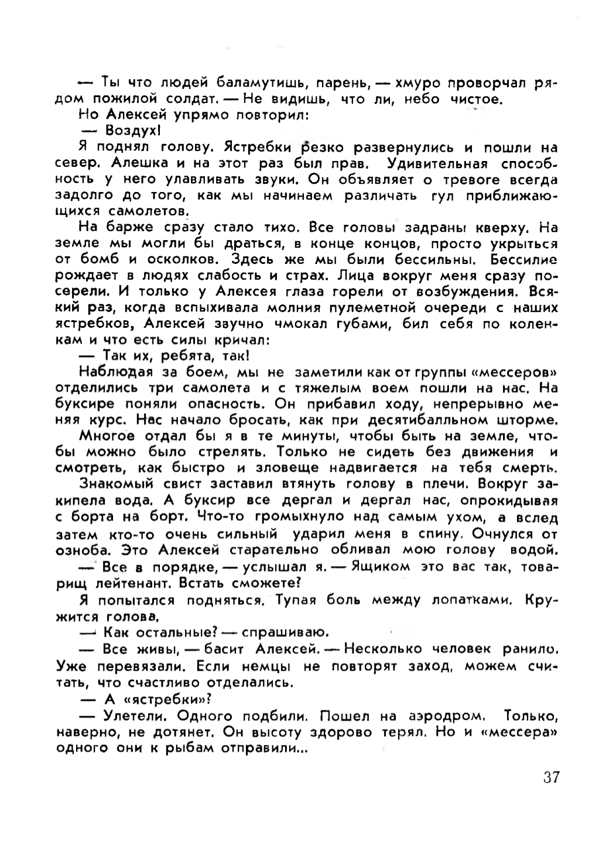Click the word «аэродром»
(x=447, y=716)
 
